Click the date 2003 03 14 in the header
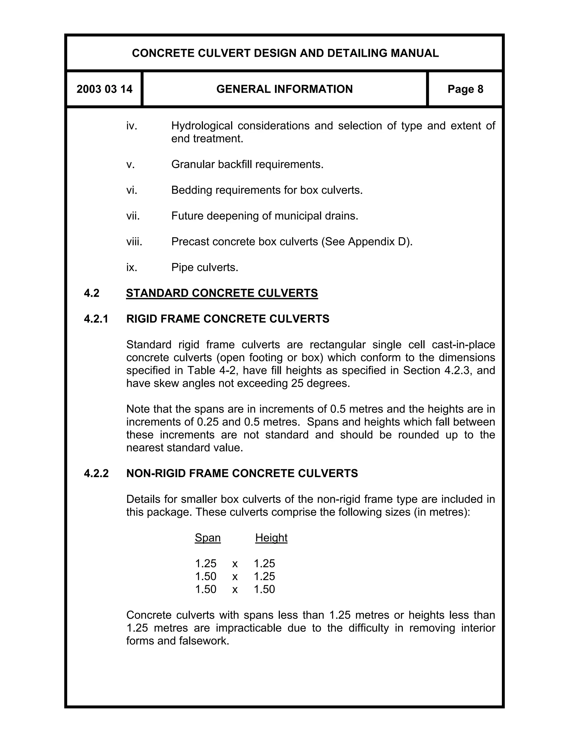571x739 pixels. [x=104, y=89]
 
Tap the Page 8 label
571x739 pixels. [x=465, y=89]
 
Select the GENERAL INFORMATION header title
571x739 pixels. [x=284, y=89]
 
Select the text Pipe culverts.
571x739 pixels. [x=205, y=267]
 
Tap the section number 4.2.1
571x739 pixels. [x=96, y=319]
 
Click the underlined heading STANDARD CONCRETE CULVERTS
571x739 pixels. [x=222, y=293]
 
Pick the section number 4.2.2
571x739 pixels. [x=96, y=473]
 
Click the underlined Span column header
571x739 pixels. [x=208, y=538]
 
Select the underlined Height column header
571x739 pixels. [x=271, y=538]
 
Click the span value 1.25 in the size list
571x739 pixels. [x=206, y=563]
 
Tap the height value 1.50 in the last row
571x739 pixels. [x=265, y=589]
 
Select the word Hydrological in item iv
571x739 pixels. [x=202, y=126]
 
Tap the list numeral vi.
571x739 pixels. [x=132, y=190]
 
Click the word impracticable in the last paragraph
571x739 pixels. [x=249, y=628]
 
